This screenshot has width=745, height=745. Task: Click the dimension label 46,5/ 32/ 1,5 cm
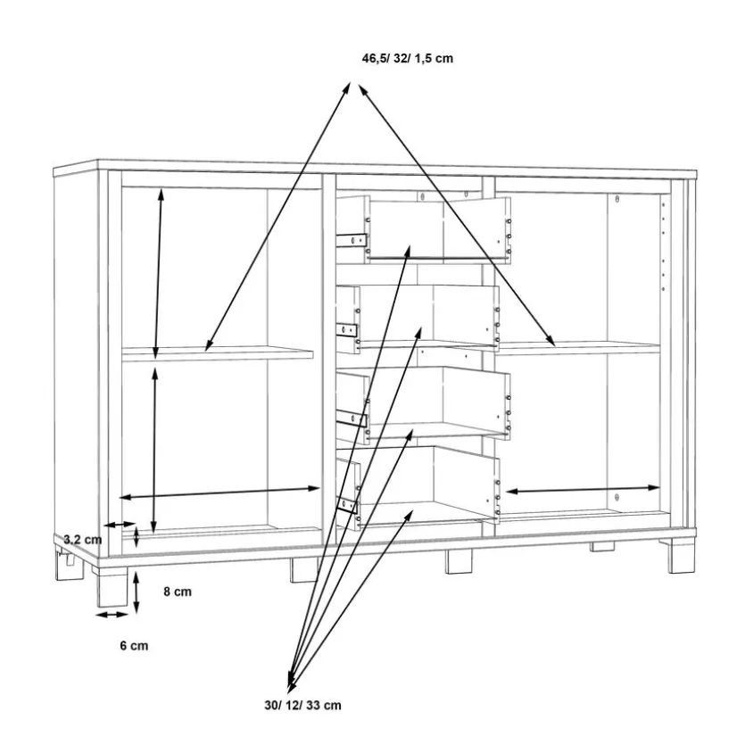pyautogui.click(x=407, y=59)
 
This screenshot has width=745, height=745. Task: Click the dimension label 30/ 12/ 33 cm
pyautogui.click(x=302, y=706)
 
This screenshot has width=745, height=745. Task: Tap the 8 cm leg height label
pyautogui.click(x=178, y=591)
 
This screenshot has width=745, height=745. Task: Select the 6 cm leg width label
pyautogui.click(x=134, y=646)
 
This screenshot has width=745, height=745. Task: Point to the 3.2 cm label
pyautogui.click(x=83, y=540)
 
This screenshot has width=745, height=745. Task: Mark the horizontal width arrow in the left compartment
pyautogui.click(x=219, y=493)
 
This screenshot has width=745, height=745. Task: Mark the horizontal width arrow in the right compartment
pyautogui.click(x=583, y=490)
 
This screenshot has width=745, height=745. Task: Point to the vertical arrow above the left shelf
pyautogui.click(x=159, y=273)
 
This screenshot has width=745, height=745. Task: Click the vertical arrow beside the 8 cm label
pyautogui.click(x=136, y=592)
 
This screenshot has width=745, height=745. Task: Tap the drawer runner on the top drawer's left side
pyautogui.click(x=352, y=239)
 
